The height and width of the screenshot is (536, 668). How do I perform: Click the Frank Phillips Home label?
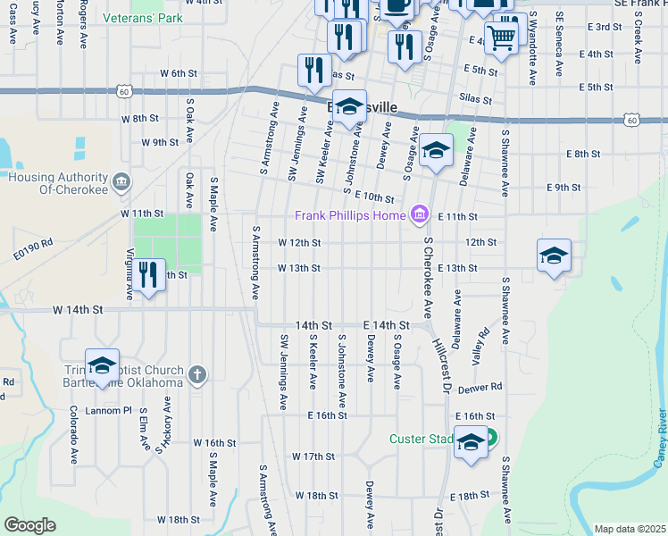351,215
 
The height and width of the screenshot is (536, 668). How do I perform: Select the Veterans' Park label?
143,17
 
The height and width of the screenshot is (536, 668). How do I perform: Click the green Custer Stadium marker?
490,439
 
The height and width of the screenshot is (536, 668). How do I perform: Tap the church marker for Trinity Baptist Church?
197,375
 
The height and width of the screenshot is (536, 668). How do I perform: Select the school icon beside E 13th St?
554,256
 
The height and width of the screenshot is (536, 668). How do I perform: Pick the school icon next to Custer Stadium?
471,442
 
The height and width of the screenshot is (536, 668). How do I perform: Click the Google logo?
29,525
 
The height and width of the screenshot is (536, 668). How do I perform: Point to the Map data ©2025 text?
629,529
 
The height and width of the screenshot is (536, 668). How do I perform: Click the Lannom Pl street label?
108,411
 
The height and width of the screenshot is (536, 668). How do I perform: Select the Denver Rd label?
480,388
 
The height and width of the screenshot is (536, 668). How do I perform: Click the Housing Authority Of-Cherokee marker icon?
122,183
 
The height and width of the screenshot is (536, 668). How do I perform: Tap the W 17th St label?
313,456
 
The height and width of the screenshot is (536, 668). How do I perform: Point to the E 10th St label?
374,197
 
